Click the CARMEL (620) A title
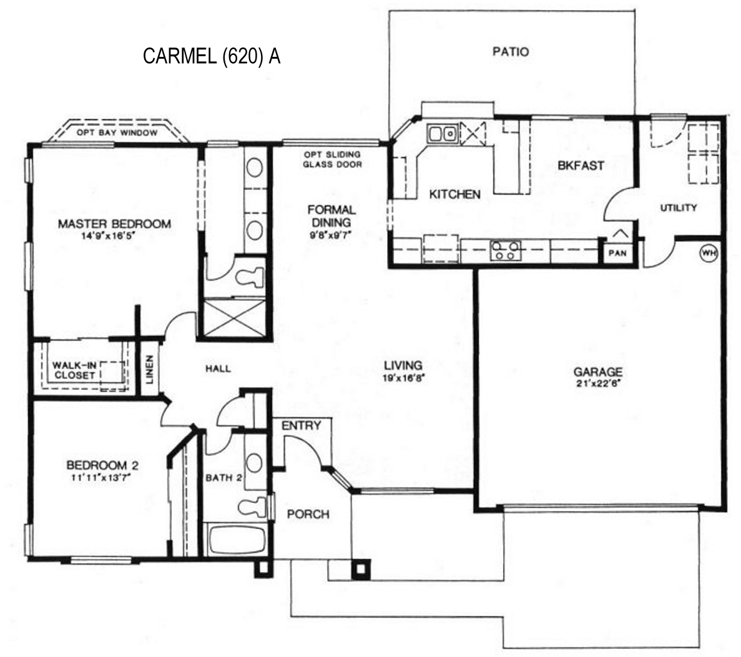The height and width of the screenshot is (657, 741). point(211,56)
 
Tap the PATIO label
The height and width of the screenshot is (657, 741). point(511,51)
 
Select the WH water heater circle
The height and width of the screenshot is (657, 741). point(708,252)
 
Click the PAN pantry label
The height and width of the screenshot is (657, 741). point(617,254)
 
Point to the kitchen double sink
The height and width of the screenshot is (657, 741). point(443,133)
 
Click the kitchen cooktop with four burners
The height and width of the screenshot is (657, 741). point(505,250)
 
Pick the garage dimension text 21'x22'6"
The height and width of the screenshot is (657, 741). point(598,383)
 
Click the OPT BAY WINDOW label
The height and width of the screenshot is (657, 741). point(117,133)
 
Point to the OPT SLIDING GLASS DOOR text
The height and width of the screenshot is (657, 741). point(332,160)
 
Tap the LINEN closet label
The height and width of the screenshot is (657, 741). point(149,369)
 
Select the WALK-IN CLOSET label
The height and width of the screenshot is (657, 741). point(75,370)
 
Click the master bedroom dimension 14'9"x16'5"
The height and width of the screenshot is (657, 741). point(108,235)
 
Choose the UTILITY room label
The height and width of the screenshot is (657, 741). point(679,207)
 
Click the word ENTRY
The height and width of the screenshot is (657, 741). point(301,426)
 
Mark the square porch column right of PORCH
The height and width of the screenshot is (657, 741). point(361,568)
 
